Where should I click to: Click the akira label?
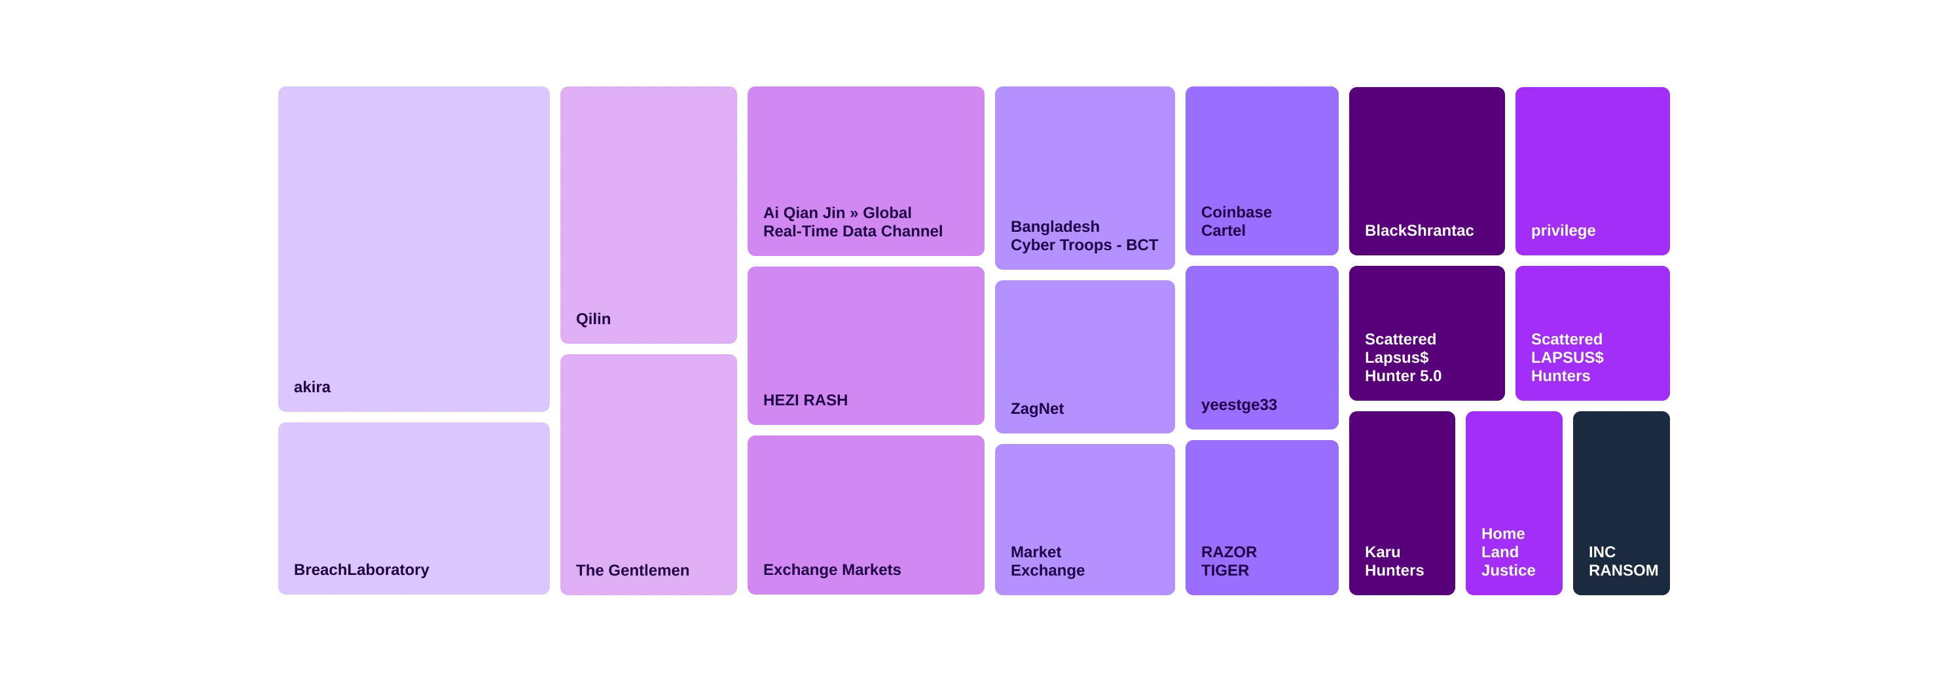[312, 387]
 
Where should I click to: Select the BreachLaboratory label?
[361, 570]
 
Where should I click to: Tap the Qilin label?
[593, 319]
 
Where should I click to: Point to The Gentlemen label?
[632, 570]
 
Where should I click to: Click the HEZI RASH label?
[805, 400]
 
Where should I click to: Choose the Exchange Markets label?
[831, 570]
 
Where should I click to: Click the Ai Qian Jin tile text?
[852, 222]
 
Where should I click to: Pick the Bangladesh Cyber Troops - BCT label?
[1083, 236]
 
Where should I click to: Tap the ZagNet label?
[1037, 409]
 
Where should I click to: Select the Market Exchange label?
[1047, 561]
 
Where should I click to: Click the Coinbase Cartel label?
[1236, 221]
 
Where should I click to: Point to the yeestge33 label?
[1239, 405]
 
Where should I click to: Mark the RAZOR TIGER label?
[1228, 561]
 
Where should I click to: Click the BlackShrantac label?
[1419, 230]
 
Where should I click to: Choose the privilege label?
[1563, 230]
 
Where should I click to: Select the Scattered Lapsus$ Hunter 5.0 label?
[1402, 358]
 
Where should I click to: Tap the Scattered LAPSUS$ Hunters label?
[1567, 358]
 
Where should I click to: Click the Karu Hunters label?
[1394, 561]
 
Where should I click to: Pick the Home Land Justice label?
[1508, 552]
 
